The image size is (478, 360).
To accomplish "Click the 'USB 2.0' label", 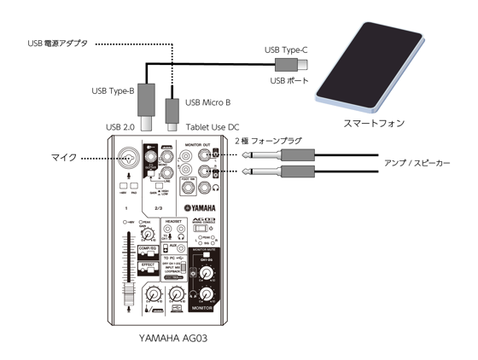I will pos(121,128).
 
